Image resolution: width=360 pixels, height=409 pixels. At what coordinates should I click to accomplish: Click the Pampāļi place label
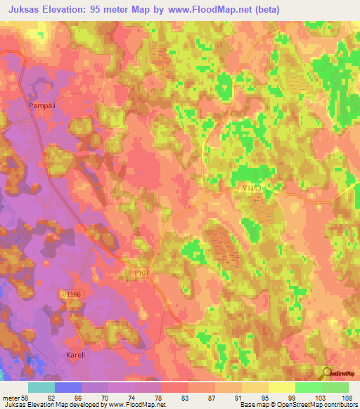pos(41,105)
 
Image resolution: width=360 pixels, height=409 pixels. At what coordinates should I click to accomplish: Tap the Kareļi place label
pos(76,355)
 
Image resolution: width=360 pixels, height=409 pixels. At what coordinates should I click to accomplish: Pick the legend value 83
pos(174,398)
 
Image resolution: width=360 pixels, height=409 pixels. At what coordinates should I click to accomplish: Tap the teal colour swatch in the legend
pos(41,387)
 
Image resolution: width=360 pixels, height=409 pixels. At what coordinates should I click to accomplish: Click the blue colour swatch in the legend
pos(67,387)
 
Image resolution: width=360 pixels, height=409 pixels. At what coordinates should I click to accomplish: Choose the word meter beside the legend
pos(11,398)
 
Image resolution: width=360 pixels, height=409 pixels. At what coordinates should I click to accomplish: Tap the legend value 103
pos(322,398)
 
